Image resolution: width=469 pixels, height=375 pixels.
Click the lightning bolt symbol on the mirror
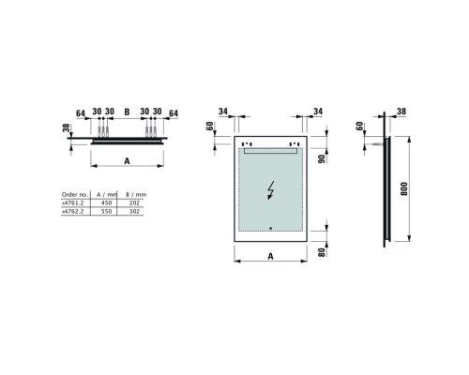click(x=272, y=189)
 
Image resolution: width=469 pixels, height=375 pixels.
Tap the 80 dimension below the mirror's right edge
click(x=319, y=250)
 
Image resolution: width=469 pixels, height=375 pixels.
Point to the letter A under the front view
click(x=269, y=254)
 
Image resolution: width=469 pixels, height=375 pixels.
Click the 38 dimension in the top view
click(x=67, y=130)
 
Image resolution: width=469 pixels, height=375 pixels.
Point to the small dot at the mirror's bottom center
click(x=270, y=227)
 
